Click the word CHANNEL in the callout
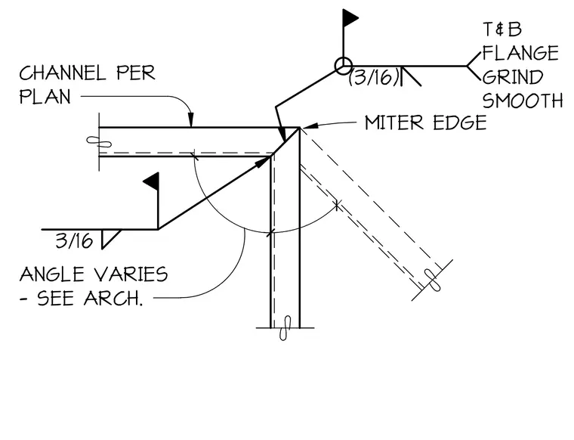tap(63, 73)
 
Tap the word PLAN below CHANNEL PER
tap(45, 97)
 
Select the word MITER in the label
tap(394, 122)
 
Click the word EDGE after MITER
tap(460, 122)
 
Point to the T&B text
tap(502, 29)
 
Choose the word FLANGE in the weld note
tap(520, 53)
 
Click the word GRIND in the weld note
tap(513, 77)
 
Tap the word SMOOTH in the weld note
tap(523, 101)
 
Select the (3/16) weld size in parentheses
tap(374, 77)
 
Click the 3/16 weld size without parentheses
tap(74, 241)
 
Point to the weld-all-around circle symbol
tap(344, 67)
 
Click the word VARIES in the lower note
tap(124, 274)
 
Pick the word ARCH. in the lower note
tap(113, 299)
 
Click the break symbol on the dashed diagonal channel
tap(433, 280)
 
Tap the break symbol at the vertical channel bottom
tap(285, 328)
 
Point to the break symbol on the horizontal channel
tap(99, 141)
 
